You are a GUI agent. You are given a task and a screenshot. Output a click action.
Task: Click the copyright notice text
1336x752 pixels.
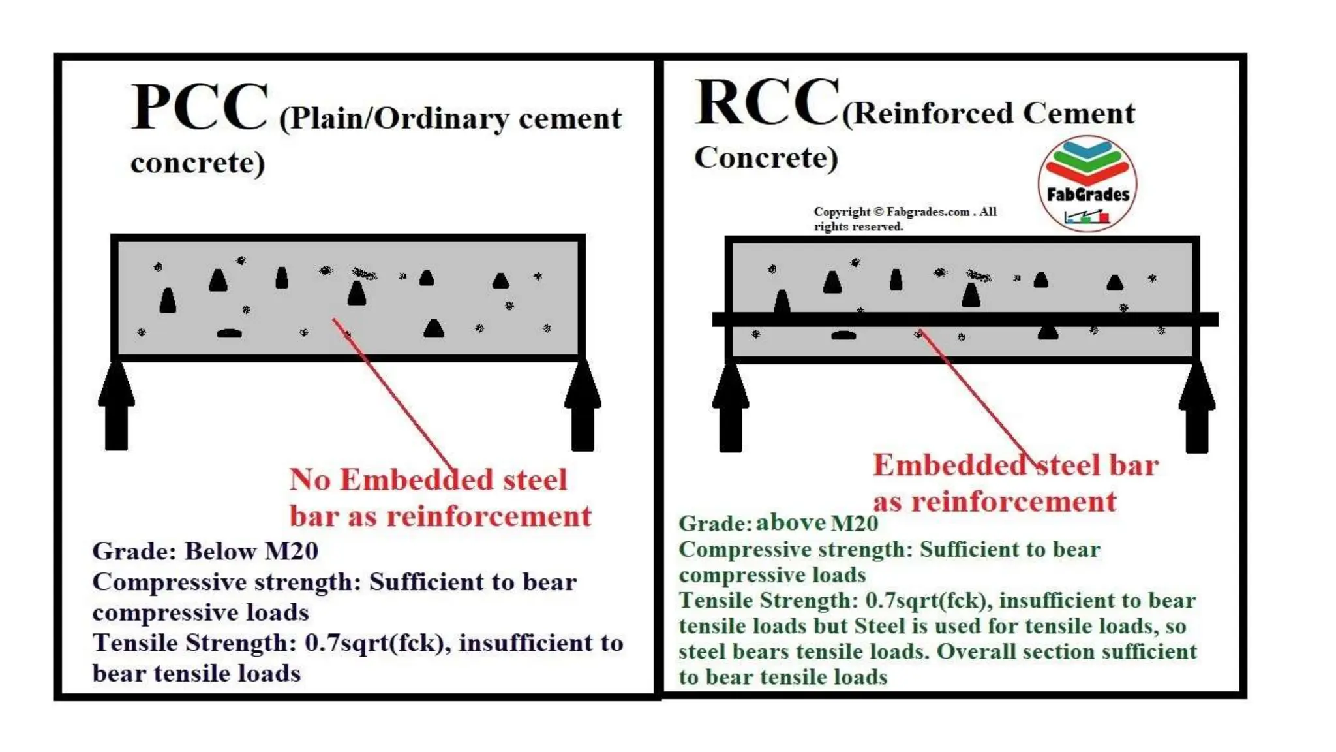coord(904,219)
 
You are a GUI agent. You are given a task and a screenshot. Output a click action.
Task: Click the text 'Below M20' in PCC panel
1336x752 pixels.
coord(251,551)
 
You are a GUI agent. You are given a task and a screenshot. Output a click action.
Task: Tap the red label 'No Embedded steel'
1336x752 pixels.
coord(427,480)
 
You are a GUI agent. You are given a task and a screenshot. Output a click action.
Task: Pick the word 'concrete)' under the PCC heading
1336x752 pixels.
coord(198,163)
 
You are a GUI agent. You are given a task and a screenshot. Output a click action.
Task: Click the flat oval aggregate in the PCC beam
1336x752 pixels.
coord(229,334)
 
